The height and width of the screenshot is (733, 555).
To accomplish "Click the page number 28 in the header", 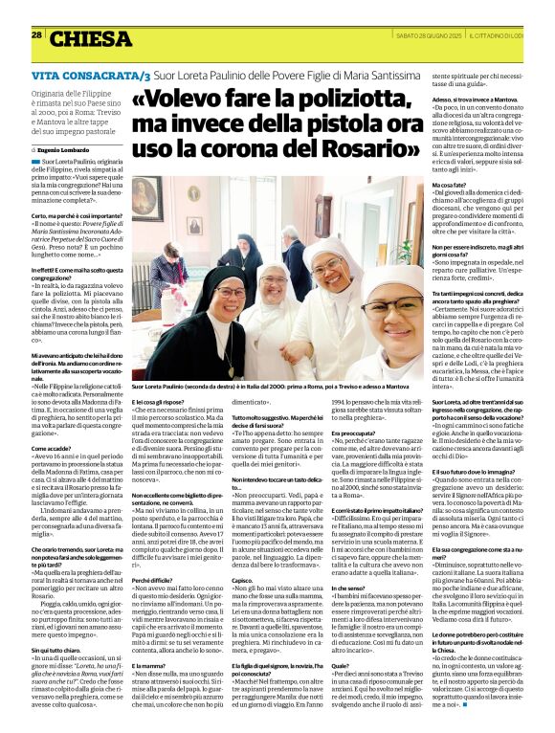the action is [36, 34].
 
